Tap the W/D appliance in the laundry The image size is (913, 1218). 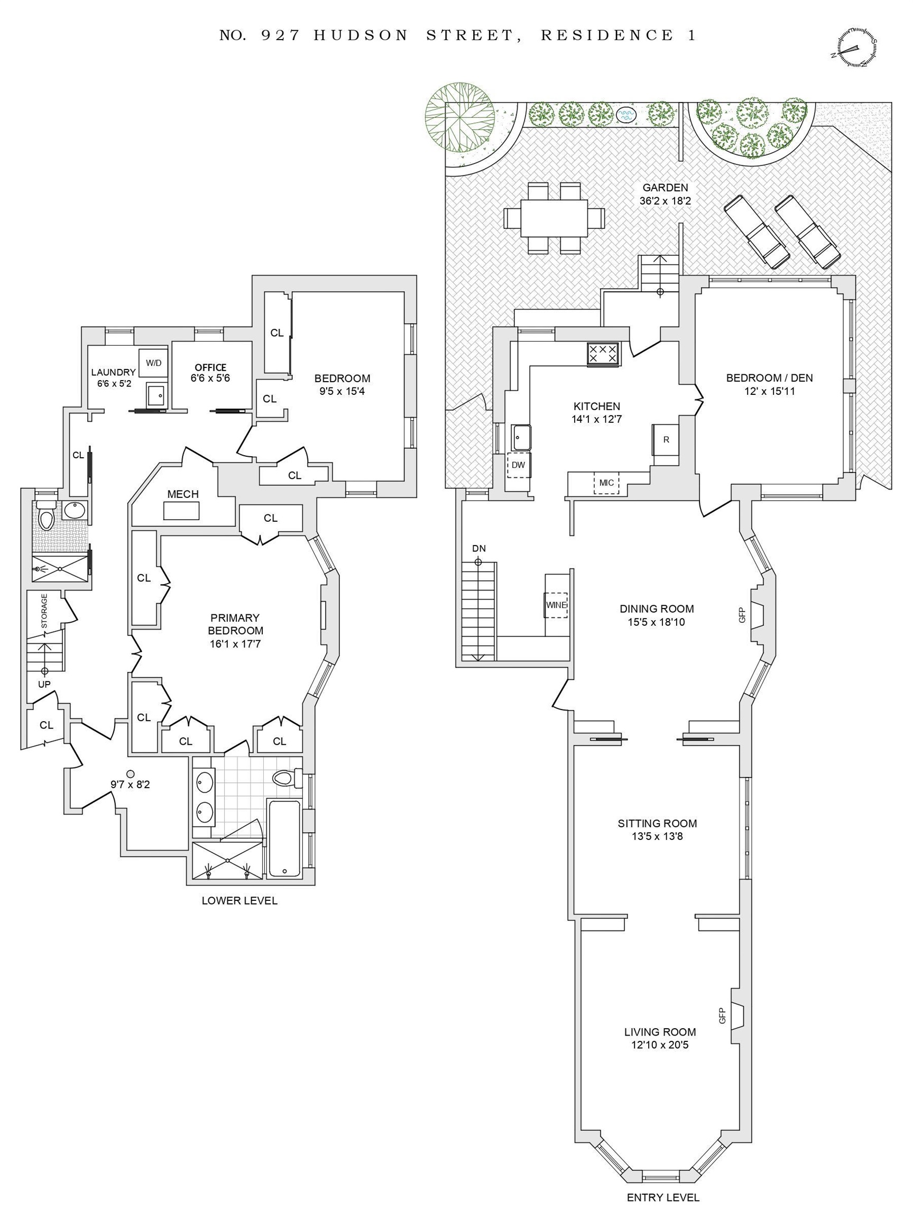coord(153,362)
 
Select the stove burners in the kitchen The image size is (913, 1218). coord(603,354)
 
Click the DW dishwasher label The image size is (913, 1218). coord(518,465)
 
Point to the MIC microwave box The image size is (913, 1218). coord(606,483)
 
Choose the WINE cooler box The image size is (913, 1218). coord(556,605)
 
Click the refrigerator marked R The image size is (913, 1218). coord(666,439)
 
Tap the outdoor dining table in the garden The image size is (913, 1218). coord(554,218)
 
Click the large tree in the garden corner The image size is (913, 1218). coord(460,117)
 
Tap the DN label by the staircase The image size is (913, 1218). coord(478,548)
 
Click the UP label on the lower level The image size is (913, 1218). coord(44,685)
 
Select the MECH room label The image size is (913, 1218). coord(183,494)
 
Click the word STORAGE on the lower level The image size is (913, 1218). coord(44,611)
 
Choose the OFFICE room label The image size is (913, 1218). coord(210,367)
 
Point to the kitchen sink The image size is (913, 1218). coord(520,438)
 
